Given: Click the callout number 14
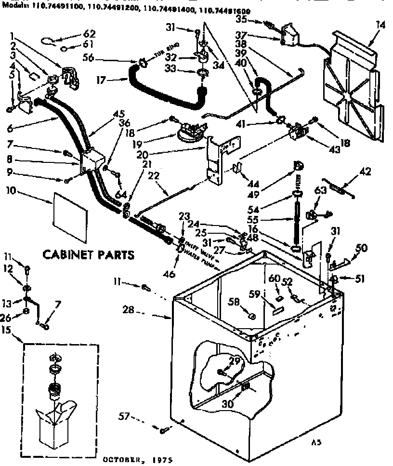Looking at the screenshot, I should [x=381, y=25].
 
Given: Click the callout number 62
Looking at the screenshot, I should [x=89, y=34].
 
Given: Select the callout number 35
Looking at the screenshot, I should [x=241, y=20].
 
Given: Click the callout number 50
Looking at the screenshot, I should [x=361, y=248].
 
